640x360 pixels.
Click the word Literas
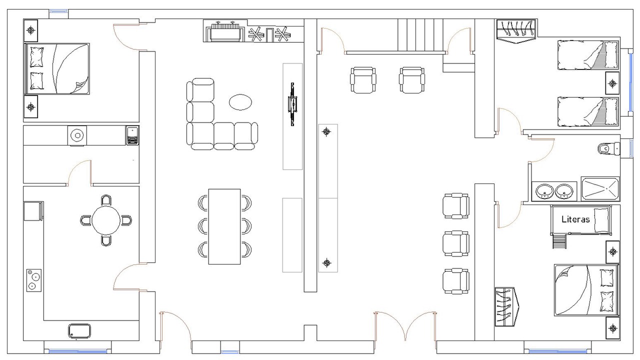575,219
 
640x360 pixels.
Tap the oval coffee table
240,102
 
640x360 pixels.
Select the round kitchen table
106,220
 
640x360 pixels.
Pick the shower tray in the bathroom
600,188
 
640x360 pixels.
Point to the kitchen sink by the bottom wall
79,331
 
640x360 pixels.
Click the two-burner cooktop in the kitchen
34,280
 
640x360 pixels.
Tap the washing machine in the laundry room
77,135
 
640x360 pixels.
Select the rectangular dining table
224,226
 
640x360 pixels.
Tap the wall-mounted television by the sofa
292,104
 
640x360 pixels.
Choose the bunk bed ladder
559,241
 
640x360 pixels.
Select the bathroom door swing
541,150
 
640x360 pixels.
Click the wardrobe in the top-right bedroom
516,31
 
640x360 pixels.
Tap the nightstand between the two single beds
612,83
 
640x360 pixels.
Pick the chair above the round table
106,199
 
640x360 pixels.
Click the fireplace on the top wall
225,31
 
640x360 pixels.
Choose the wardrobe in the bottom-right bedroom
507,307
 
